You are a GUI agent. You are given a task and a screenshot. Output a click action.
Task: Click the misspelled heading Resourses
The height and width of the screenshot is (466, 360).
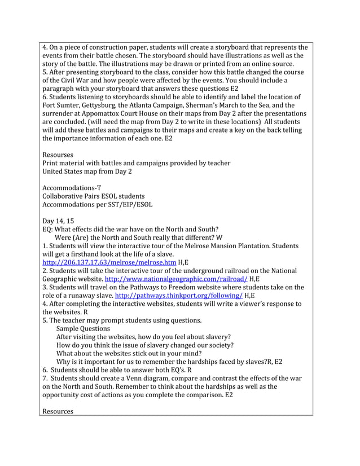click(58, 154)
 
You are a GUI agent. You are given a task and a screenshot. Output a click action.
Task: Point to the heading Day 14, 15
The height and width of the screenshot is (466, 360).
click(58, 221)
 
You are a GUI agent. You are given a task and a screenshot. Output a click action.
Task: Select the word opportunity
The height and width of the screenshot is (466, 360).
click(62, 395)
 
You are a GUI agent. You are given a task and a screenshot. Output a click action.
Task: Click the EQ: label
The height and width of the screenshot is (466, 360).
click(49, 230)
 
